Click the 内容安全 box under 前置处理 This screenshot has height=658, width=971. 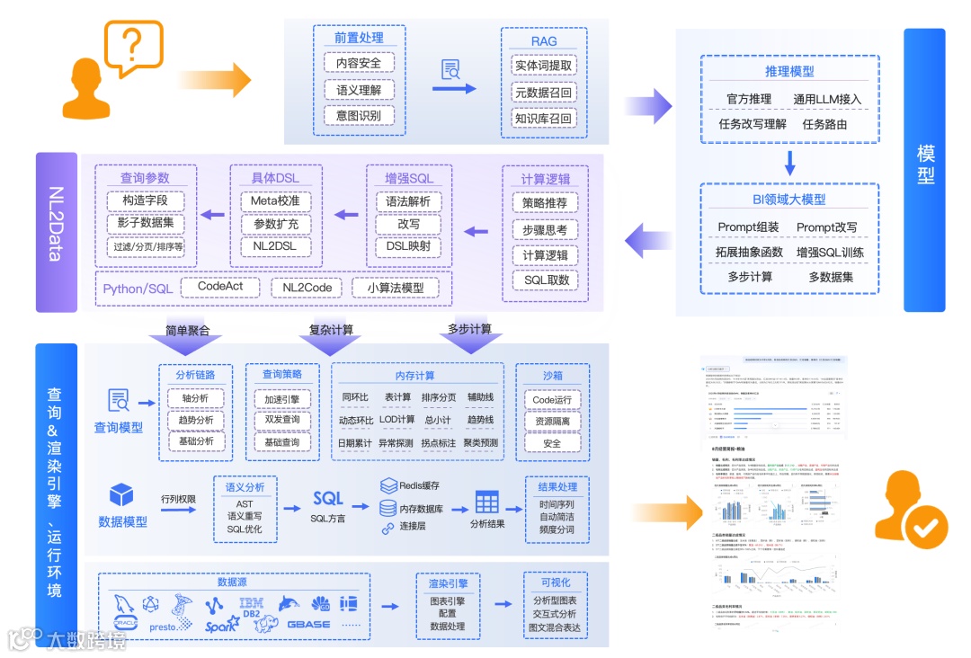359,64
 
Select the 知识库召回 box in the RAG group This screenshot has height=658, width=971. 543,118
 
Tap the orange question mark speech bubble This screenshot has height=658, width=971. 133,46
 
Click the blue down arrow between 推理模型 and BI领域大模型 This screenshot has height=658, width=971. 789,163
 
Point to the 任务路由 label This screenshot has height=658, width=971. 824,124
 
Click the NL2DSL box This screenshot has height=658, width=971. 275,245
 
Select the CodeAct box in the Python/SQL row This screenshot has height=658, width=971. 220,287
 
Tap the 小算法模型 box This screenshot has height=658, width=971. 395,288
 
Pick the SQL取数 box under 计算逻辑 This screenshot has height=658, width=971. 546,280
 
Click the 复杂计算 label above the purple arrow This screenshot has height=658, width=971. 331,330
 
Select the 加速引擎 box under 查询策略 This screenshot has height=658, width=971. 281,398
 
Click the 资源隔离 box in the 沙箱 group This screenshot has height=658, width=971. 551,421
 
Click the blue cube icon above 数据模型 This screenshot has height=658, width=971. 121,495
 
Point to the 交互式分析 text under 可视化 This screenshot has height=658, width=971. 555,614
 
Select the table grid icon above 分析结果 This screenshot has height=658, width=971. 487,502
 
